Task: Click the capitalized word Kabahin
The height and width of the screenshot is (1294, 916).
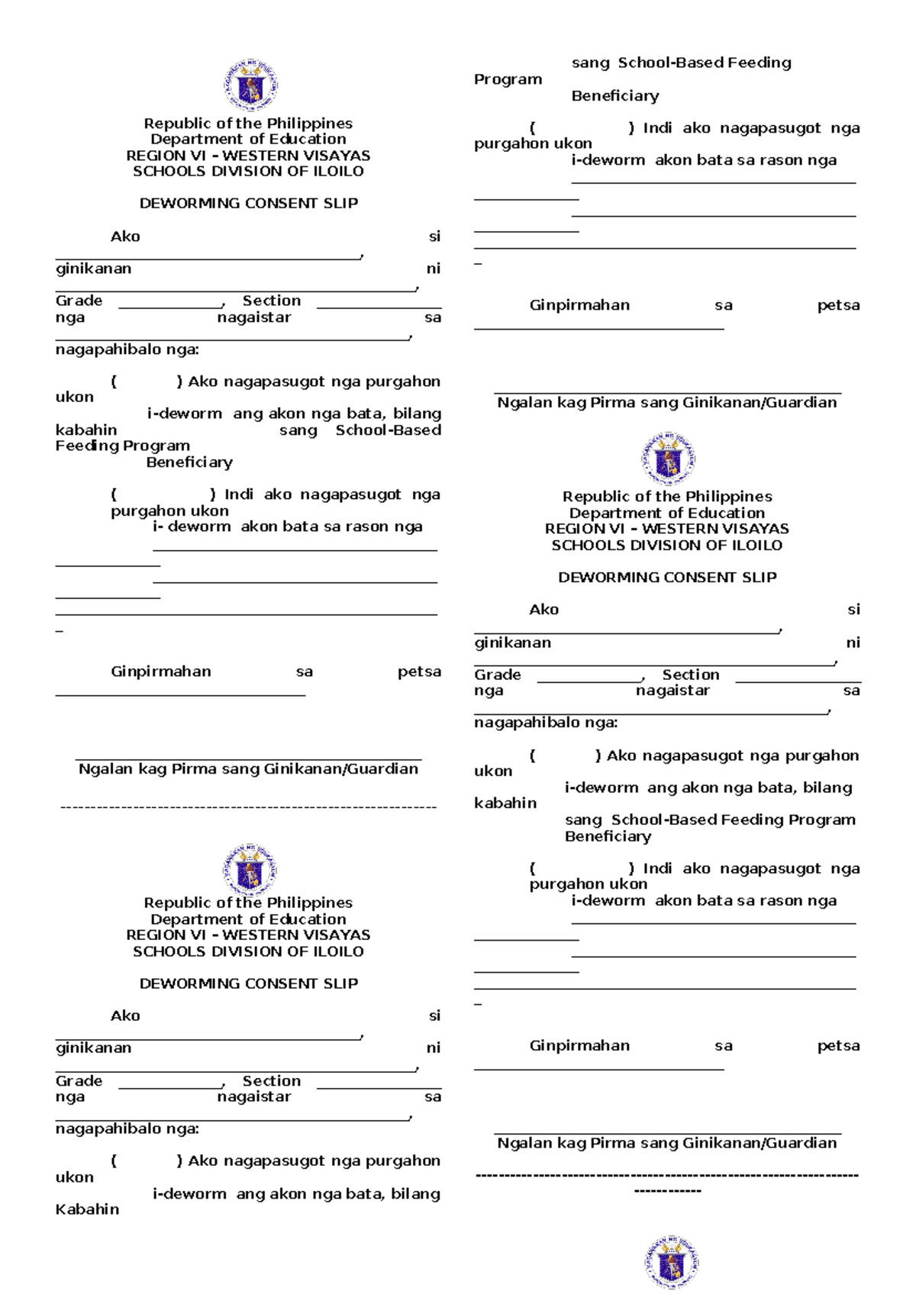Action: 87,1209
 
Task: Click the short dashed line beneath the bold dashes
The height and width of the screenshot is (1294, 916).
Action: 667,1191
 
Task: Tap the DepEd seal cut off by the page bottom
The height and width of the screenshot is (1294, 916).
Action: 671,1263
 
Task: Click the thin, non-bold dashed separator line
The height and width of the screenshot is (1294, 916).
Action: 248,806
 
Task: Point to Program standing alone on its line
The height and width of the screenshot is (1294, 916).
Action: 508,79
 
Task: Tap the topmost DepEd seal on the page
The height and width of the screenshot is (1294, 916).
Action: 250,85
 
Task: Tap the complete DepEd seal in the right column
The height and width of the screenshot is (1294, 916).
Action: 668,459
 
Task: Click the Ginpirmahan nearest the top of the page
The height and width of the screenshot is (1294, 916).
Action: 579,305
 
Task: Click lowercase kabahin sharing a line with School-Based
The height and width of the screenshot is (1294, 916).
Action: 86,430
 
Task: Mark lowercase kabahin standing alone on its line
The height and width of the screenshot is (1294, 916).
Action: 505,803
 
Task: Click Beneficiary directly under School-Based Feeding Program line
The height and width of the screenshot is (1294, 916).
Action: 608,836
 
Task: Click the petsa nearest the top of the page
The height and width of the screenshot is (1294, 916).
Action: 838,305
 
